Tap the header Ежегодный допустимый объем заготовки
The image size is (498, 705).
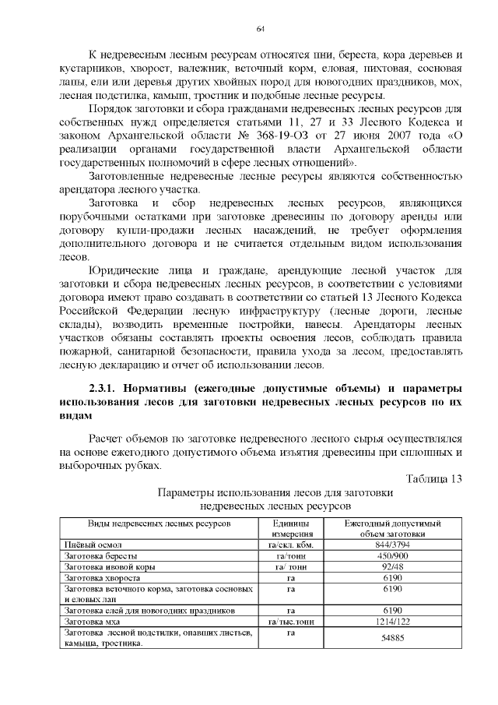tap(392, 528)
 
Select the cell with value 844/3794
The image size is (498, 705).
tap(392, 545)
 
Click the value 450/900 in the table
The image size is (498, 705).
tap(392, 557)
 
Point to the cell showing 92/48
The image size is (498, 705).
tap(392, 569)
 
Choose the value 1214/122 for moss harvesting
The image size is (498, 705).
tap(392, 622)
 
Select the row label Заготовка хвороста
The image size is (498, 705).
tap(103, 580)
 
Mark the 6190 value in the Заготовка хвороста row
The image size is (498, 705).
tap(392, 580)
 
